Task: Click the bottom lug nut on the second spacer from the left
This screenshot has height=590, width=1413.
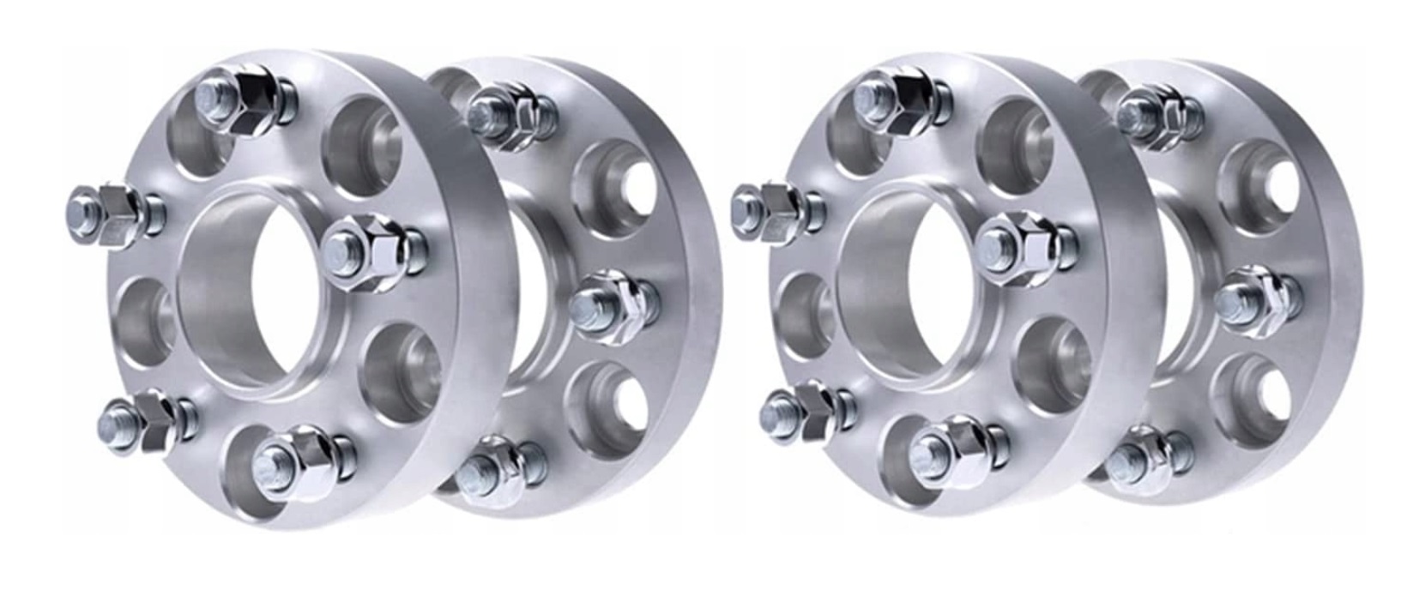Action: click(x=498, y=467)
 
